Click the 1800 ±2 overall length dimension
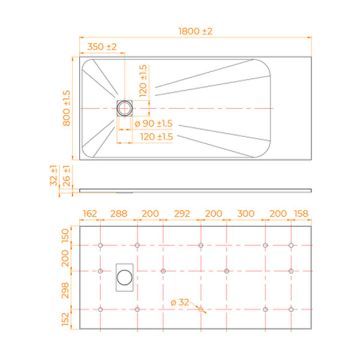pyautogui.click(x=196, y=31)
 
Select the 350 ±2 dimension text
pyautogui.click(x=102, y=47)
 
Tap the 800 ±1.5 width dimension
pyautogui.click(x=67, y=108)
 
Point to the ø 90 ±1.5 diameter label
pyautogui.click(x=152, y=124)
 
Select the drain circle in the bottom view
pyautogui.click(x=125, y=277)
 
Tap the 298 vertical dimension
pyautogui.click(x=67, y=290)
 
